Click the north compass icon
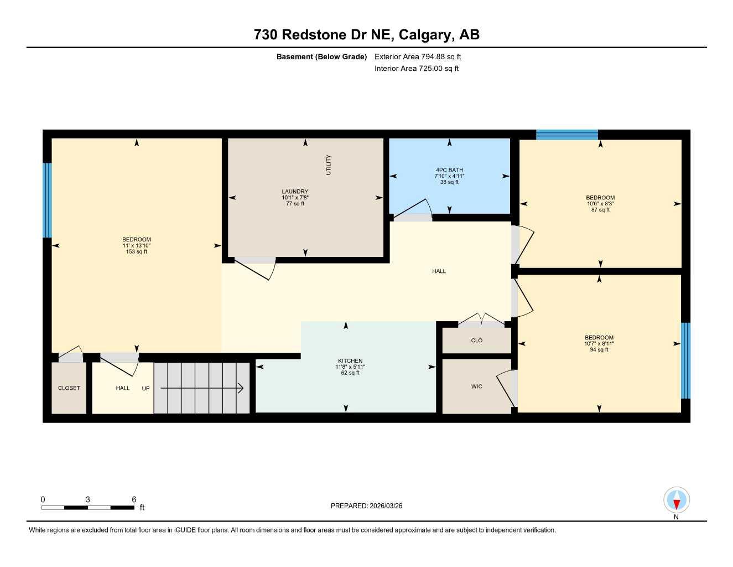pos(676,501)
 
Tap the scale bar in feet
pos(88,507)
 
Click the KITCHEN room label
pos(350,360)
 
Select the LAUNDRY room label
pos(295,192)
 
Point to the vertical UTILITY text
pos(328,165)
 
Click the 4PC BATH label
pos(449,170)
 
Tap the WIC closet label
pos(476,386)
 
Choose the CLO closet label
pos(476,341)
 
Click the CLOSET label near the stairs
pos(69,388)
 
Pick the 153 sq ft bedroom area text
pos(137,252)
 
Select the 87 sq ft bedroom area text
pos(600,210)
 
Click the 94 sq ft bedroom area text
pos(599,350)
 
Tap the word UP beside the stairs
pos(145,389)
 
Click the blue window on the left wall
pos(47,200)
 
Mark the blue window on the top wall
pos(567,135)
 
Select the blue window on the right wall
pos(685,360)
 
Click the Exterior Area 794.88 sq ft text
pos(418,56)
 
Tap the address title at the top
pos(366,34)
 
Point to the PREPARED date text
pos(366,506)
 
